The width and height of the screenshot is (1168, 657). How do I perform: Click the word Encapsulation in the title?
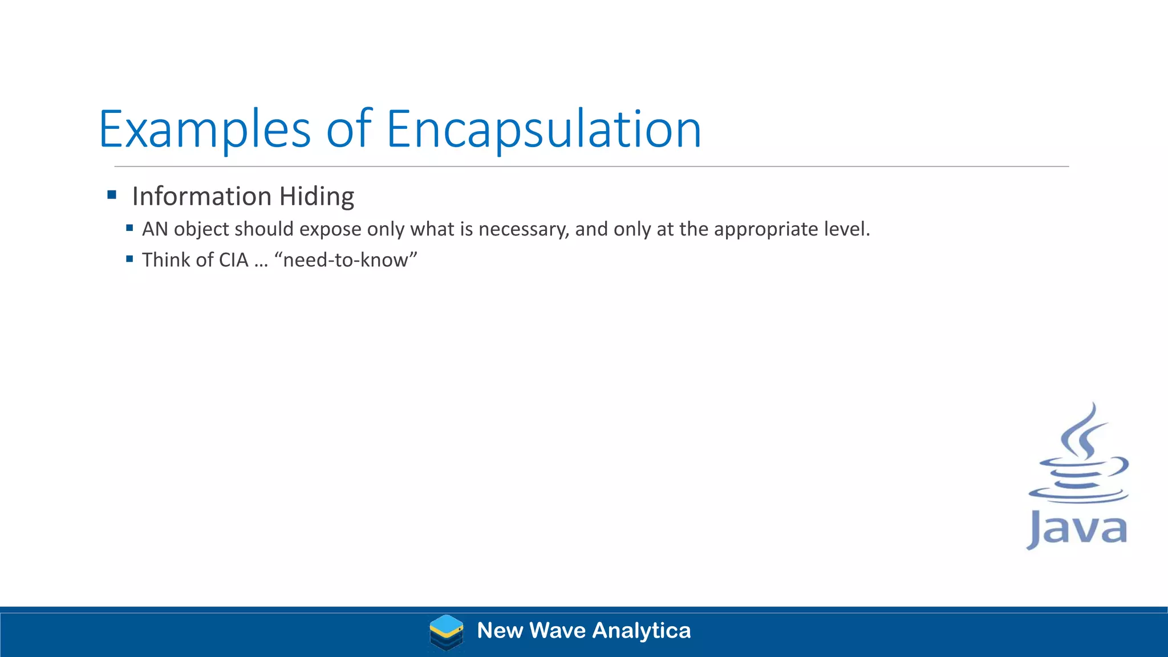point(544,130)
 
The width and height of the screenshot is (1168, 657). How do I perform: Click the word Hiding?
point(317,197)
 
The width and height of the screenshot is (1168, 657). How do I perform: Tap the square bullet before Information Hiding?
point(112,195)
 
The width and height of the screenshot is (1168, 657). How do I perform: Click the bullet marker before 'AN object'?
point(129,228)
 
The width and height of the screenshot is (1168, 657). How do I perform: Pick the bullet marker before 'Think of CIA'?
point(129,259)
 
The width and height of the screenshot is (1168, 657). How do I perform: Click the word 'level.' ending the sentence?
point(847,229)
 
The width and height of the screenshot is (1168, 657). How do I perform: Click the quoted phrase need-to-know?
point(346,260)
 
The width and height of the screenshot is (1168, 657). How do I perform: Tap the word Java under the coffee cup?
point(1077,529)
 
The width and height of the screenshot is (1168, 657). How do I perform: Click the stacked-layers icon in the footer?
point(446,632)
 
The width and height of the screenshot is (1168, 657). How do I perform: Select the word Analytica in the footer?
point(642,631)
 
